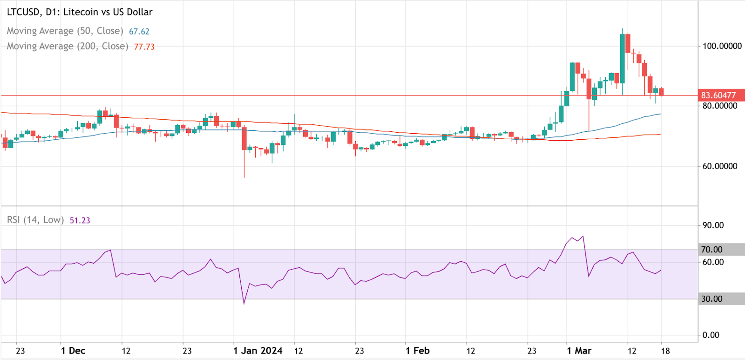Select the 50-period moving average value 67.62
click(x=139, y=31)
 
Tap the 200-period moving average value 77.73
click(x=144, y=47)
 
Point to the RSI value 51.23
click(x=80, y=220)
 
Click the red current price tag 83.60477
click(x=721, y=95)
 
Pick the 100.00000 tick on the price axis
click(x=722, y=46)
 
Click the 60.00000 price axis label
click(x=720, y=166)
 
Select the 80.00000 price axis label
click(x=720, y=106)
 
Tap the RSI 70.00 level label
click(x=712, y=250)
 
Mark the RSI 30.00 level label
click(x=712, y=299)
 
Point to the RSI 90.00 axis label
click(x=713, y=225)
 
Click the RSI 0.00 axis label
click(x=711, y=335)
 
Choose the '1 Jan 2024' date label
click(x=257, y=351)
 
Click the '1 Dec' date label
click(x=73, y=351)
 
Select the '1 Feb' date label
click(x=418, y=351)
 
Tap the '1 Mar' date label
click(x=579, y=351)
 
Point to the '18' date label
click(x=665, y=351)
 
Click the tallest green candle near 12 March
click(x=623, y=59)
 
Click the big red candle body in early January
click(x=244, y=138)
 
